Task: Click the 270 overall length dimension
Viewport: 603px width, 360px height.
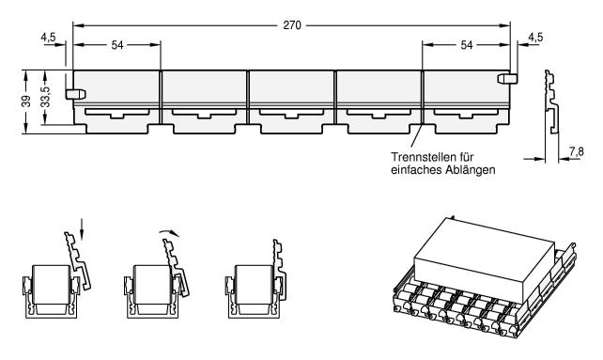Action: pyautogui.click(x=292, y=25)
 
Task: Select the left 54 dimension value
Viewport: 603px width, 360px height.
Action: pyautogui.click(x=117, y=45)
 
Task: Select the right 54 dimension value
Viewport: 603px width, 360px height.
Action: pyautogui.click(x=467, y=45)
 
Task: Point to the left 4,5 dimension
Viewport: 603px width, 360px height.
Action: pyautogui.click(x=48, y=37)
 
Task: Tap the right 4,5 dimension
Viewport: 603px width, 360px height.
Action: pyautogui.click(x=535, y=37)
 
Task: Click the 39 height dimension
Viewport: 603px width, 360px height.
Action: pyautogui.click(x=26, y=102)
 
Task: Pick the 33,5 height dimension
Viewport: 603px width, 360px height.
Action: pyautogui.click(x=45, y=97)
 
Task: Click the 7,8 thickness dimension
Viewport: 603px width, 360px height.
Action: pyautogui.click(x=577, y=151)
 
